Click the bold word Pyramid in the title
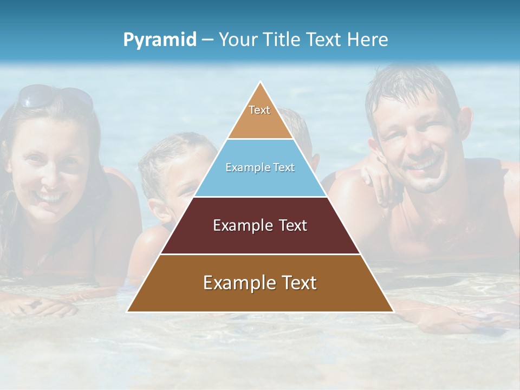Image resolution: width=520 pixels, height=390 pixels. [x=160, y=40]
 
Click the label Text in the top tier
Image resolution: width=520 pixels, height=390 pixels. [x=259, y=110]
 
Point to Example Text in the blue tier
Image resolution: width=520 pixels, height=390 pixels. [x=260, y=167]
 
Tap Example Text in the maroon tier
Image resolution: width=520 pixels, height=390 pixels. [x=260, y=225]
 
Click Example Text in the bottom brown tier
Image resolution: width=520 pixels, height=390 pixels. [x=260, y=283]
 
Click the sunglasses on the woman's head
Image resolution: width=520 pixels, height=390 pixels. [x=54, y=96]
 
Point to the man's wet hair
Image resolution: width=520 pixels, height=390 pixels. [x=412, y=87]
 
